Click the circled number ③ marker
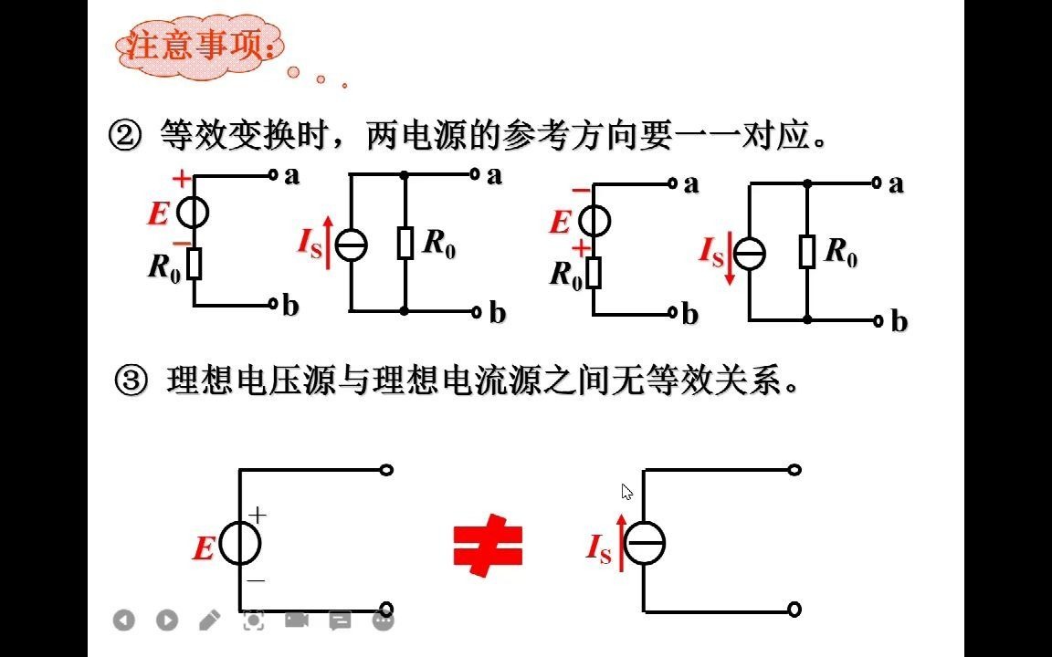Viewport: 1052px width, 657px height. pos(132,381)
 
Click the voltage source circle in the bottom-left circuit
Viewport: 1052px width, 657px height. pos(240,544)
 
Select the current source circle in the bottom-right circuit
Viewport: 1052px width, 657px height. pos(645,544)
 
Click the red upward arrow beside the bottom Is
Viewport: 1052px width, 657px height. pos(622,542)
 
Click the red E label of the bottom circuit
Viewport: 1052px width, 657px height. pos(204,549)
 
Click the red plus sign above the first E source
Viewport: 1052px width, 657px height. pos(182,179)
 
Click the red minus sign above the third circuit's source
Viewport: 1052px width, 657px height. pos(581,190)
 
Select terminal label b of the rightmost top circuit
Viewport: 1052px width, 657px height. pos(899,322)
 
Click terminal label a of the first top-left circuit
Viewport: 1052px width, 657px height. pos(292,175)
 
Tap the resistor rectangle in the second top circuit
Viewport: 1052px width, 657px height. pos(405,243)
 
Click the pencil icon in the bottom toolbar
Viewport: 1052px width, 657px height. pos(209,620)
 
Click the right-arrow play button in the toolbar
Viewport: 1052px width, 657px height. pos(166,620)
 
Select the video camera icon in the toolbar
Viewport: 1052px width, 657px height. pos(296,620)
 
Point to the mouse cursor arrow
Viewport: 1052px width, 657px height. pos(626,492)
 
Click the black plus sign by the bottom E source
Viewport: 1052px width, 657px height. pos(258,516)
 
